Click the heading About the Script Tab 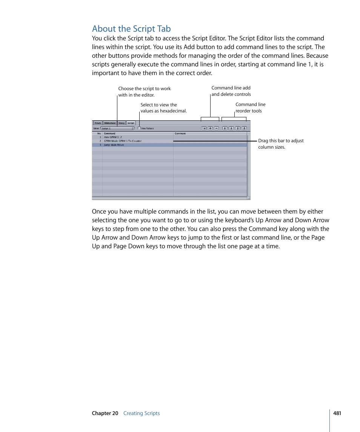tap(131, 29)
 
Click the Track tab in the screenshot tap(98, 123)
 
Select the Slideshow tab tap(110, 123)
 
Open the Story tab tap(121, 123)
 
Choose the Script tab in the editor tap(131, 123)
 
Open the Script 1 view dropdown tap(117, 128)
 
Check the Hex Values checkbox tap(139, 128)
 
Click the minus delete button tap(216, 128)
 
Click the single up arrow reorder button tap(225, 128)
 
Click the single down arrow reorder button tap(231, 128)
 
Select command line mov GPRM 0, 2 tap(113, 137)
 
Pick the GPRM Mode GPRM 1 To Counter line tap(123, 141)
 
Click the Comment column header tap(180, 133)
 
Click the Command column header tap(109, 133)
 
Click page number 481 tap(337, 413)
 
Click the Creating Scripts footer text tap(142, 413)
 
